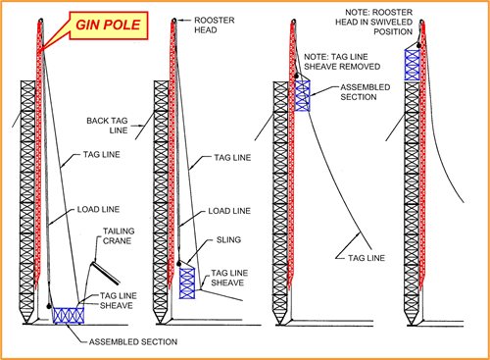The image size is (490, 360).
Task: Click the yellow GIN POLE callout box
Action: (109, 26)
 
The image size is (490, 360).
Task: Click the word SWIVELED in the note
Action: (391, 23)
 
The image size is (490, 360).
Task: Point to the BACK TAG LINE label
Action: (107, 126)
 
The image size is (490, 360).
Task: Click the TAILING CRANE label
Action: (119, 236)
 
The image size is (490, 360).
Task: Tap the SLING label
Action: (228, 239)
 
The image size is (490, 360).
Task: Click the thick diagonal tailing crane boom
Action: (106, 273)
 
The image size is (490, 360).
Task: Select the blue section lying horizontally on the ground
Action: (69, 315)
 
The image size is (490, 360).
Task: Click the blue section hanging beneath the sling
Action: (187, 283)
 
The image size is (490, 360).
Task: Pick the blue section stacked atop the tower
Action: (412, 65)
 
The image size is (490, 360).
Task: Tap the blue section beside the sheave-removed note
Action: (303, 96)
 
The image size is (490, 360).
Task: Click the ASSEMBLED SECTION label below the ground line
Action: (133, 342)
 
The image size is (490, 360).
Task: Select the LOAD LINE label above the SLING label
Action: (229, 211)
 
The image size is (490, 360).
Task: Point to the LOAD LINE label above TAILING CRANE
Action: (98, 209)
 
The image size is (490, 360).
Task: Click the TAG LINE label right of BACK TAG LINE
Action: (232, 158)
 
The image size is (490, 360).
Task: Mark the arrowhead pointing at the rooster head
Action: (180, 21)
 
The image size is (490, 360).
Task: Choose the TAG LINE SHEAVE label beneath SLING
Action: (229, 278)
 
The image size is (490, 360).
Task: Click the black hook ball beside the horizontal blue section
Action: (49, 306)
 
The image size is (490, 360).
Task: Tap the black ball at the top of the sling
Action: (179, 263)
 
